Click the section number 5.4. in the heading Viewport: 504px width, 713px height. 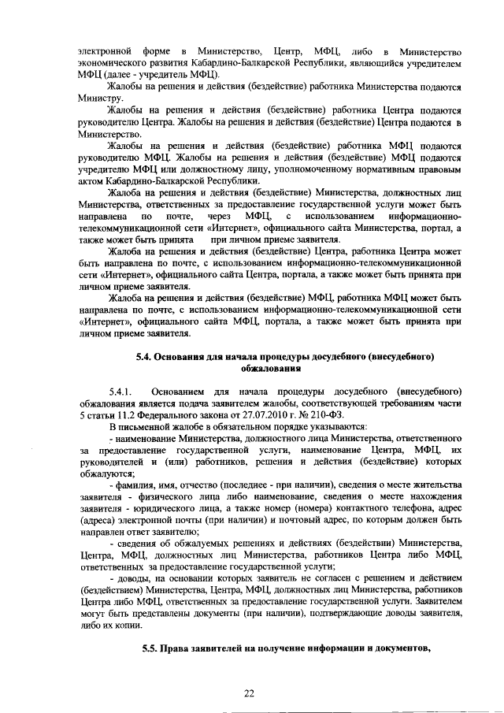pos(144,356)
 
